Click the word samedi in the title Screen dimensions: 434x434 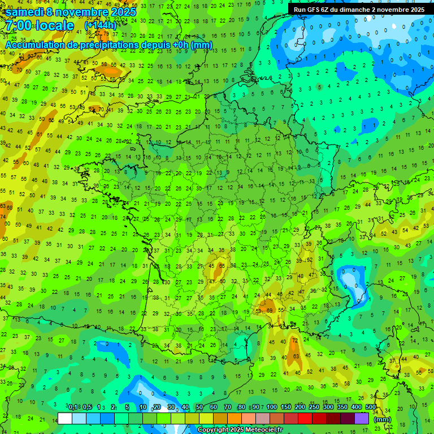click(x=24, y=12)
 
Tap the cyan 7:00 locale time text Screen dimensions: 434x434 click(x=40, y=25)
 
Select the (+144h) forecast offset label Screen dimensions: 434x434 click(x=100, y=25)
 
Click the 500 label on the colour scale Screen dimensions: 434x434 click(x=371, y=407)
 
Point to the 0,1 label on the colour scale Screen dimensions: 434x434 click(x=73, y=407)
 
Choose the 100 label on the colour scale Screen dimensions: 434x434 click(x=272, y=407)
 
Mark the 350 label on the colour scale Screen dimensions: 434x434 click(x=342, y=407)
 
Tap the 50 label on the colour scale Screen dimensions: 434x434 click(x=199, y=407)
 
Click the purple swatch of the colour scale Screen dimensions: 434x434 click(x=362, y=418)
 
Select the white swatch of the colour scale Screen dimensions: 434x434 click(x=65, y=418)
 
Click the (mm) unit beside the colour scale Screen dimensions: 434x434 click(x=383, y=419)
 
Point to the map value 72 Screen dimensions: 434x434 click(x=294, y=341)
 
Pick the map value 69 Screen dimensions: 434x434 click(x=270, y=310)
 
